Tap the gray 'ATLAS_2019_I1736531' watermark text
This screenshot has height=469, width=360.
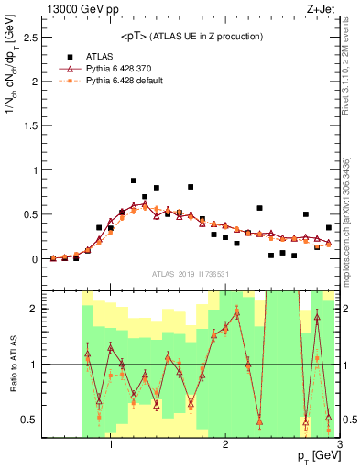coord(191,274)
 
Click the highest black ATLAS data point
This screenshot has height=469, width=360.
coord(134,180)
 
